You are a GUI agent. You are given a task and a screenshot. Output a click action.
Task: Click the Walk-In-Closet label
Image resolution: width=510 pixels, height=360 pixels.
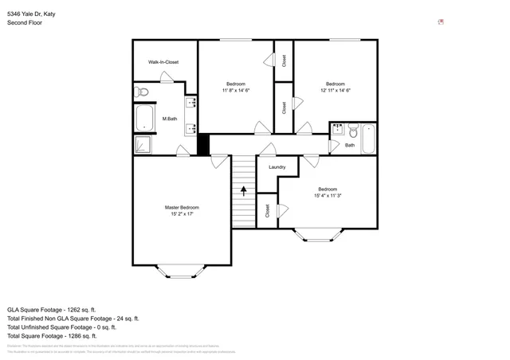(163, 61)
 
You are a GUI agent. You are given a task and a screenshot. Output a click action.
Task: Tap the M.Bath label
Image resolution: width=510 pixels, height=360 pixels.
(169, 119)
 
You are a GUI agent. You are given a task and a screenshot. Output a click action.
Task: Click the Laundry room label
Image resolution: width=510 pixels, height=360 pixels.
(277, 166)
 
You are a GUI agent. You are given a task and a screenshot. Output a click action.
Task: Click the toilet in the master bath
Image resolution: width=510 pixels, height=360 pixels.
(141, 91)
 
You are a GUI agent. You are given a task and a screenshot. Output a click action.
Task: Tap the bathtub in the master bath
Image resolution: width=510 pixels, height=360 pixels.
(144, 119)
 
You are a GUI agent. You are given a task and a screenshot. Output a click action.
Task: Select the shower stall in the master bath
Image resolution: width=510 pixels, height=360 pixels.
(143, 144)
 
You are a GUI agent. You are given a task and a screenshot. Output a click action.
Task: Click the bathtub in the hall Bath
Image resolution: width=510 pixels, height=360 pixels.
(369, 137)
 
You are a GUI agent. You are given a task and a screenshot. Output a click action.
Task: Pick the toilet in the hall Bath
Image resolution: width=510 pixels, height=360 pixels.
(354, 131)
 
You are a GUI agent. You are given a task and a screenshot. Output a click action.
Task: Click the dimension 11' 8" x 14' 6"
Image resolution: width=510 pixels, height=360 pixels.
(236, 91)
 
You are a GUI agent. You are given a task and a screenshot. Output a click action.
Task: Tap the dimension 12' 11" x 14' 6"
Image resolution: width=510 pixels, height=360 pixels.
(335, 91)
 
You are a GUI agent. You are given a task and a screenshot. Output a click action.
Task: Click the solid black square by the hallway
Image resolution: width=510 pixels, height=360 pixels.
(202, 146)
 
